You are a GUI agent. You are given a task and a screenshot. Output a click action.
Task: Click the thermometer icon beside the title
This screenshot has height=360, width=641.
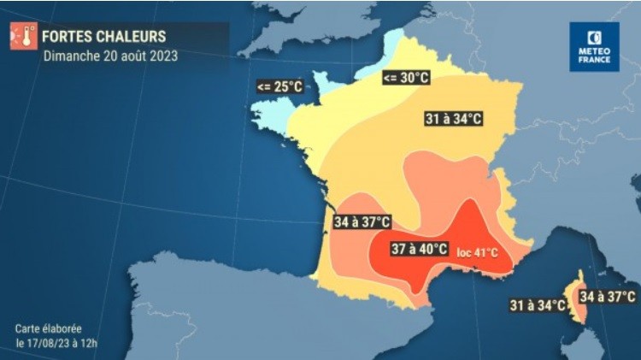tap(23, 37)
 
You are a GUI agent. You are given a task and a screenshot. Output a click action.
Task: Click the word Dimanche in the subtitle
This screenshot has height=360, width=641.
tap(69, 56)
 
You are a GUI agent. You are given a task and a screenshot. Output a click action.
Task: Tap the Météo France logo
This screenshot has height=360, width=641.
tap(594, 46)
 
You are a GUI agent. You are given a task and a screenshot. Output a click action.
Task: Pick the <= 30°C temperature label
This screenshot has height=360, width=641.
tap(405, 79)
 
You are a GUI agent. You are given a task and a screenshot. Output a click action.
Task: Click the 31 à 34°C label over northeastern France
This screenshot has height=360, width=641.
tap(452, 119)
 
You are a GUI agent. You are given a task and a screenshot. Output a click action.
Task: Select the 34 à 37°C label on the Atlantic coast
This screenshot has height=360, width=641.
tap(362, 222)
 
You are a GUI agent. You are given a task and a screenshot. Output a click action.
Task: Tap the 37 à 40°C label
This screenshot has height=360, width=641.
tap(419, 249)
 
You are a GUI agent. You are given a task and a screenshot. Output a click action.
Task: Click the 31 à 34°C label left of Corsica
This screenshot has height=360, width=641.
tap(538, 304)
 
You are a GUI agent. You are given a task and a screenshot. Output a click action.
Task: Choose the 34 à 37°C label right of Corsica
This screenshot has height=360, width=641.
tap(608, 297)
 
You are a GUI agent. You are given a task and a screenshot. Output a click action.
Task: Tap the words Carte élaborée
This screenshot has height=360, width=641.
tap(47, 328)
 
